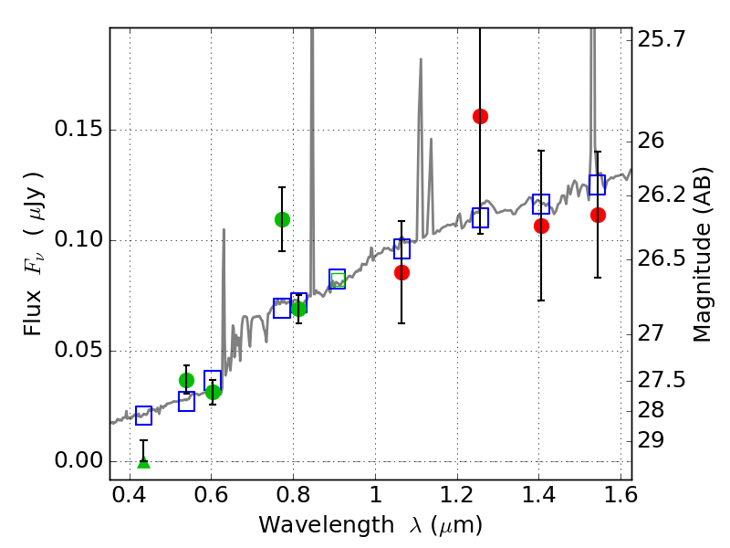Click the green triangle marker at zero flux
[x=143, y=462]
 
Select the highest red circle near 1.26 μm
[x=480, y=116]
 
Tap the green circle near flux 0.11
[x=282, y=219]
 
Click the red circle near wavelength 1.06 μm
[x=401, y=272]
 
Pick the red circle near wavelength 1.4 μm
[x=541, y=226]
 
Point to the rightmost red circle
[x=598, y=215]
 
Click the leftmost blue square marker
[x=143, y=416]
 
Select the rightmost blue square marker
[x=598, y=185]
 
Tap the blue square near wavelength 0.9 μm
[x=337, y=279]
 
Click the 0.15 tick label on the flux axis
[x=79, y=130]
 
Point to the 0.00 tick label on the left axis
[x=79, y=460]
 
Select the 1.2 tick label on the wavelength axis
[x=456, y=498]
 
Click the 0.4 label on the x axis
[x=130, y=498]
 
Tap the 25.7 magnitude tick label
[x=662, y=39]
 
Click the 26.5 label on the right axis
[x=662, y=258]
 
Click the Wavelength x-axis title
[x=370, y=525]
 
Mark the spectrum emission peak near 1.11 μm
[x=421, y=60]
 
